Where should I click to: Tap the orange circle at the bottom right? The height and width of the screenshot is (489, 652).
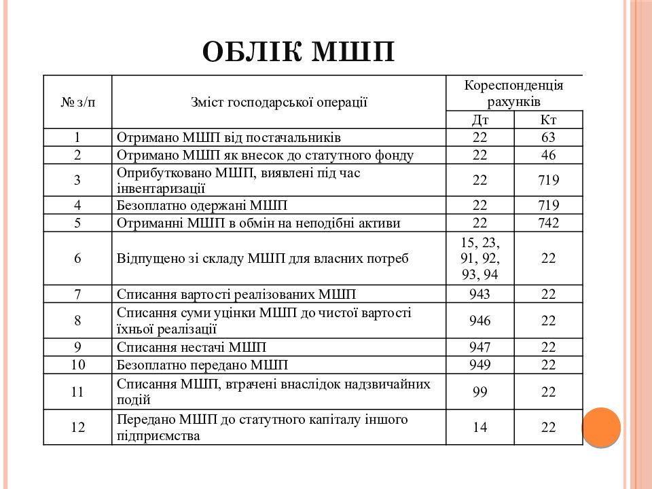602,427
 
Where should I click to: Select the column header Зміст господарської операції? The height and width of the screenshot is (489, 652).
278,102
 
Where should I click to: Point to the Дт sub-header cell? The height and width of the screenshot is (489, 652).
480,120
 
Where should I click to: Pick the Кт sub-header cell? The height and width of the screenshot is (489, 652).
548,120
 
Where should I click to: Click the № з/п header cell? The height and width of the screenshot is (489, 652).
77,102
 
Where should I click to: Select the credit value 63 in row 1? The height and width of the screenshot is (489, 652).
548,137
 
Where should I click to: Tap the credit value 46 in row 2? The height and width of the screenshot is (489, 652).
548,155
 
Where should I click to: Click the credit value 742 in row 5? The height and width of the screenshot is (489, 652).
548,223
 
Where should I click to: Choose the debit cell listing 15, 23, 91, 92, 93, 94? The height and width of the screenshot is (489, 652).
480,258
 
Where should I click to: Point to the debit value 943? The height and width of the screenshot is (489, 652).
480,294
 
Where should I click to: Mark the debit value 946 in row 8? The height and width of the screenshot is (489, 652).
480,321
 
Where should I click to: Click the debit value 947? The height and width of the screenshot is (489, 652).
480,347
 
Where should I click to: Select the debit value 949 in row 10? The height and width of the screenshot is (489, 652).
480,365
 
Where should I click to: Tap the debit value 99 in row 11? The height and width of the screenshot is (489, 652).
480,392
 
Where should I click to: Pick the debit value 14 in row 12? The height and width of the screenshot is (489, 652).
480,427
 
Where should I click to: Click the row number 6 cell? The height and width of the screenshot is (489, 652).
77,258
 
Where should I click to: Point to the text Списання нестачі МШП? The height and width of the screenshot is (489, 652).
192,347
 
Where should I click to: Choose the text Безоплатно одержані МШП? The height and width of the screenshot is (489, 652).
202,205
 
